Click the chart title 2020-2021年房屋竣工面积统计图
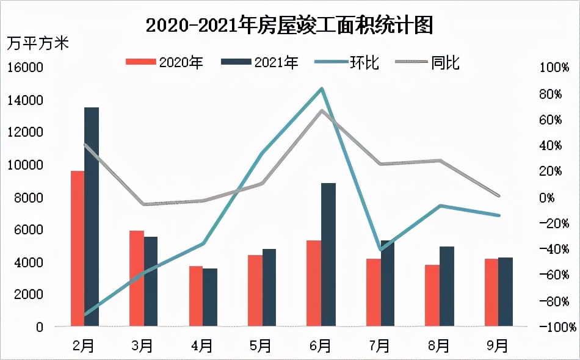pyautogui.click(x=289, y=25)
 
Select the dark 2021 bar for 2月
pyautogui.click(x=92, y=217)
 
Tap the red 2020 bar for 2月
pyautogui.click(x=78, y=248)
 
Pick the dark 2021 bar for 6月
pyautogui.click(x=328, y=254)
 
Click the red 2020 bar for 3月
pyautogui.click(x=137, y=278)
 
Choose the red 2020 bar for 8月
pyautogui.click(x=432, y=295)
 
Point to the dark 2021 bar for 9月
pyautogui.click(x=506, y=292)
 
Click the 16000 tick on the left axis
pyautogui.click(x=26, y=68)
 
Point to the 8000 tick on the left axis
pyautogui.click(x=29, y=197)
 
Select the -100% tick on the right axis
pyautogui.click(x=554, y=327)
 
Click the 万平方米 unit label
pyautogui.click(x=38, y=44)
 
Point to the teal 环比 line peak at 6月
pyautogui.click(x=322, y=89)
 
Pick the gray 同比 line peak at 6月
pyautogui.click(x=322, y=110)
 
